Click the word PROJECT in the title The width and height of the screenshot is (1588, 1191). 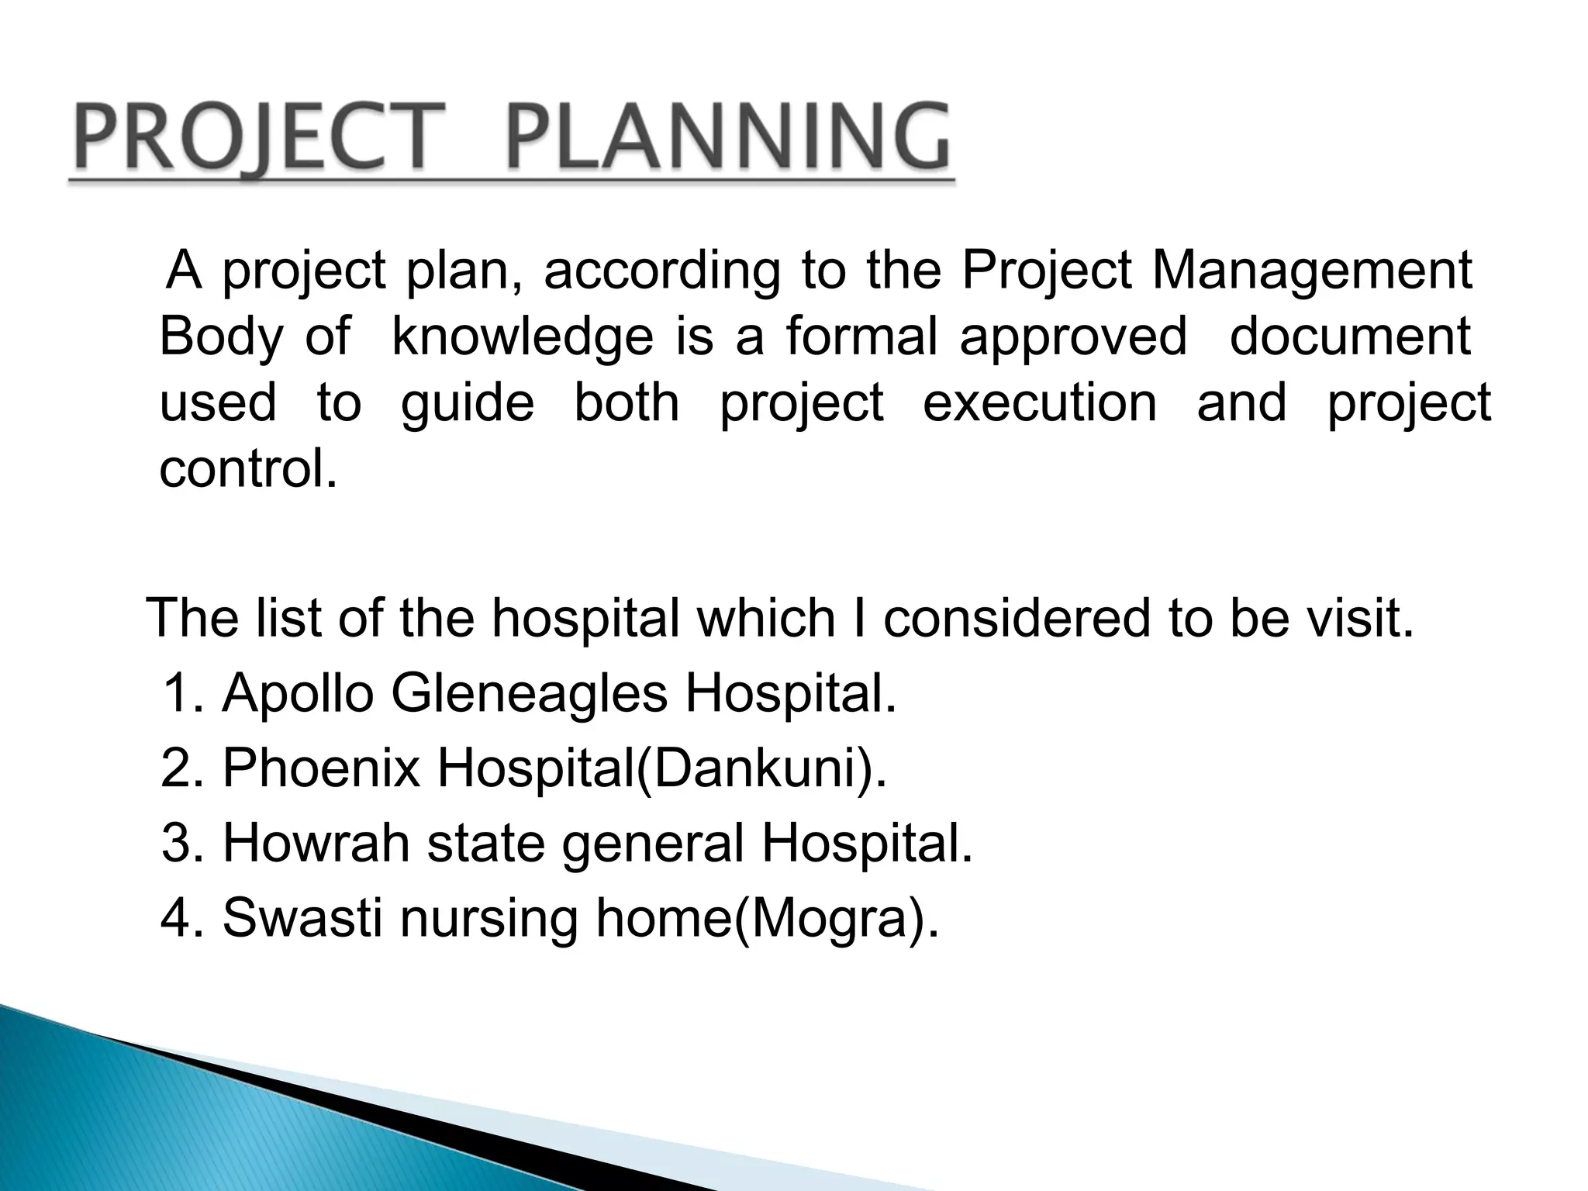point(256,138)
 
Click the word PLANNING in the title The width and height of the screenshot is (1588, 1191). point(727,138)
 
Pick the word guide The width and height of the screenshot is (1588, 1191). point(468,403)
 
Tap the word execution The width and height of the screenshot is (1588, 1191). point(1039,403)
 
